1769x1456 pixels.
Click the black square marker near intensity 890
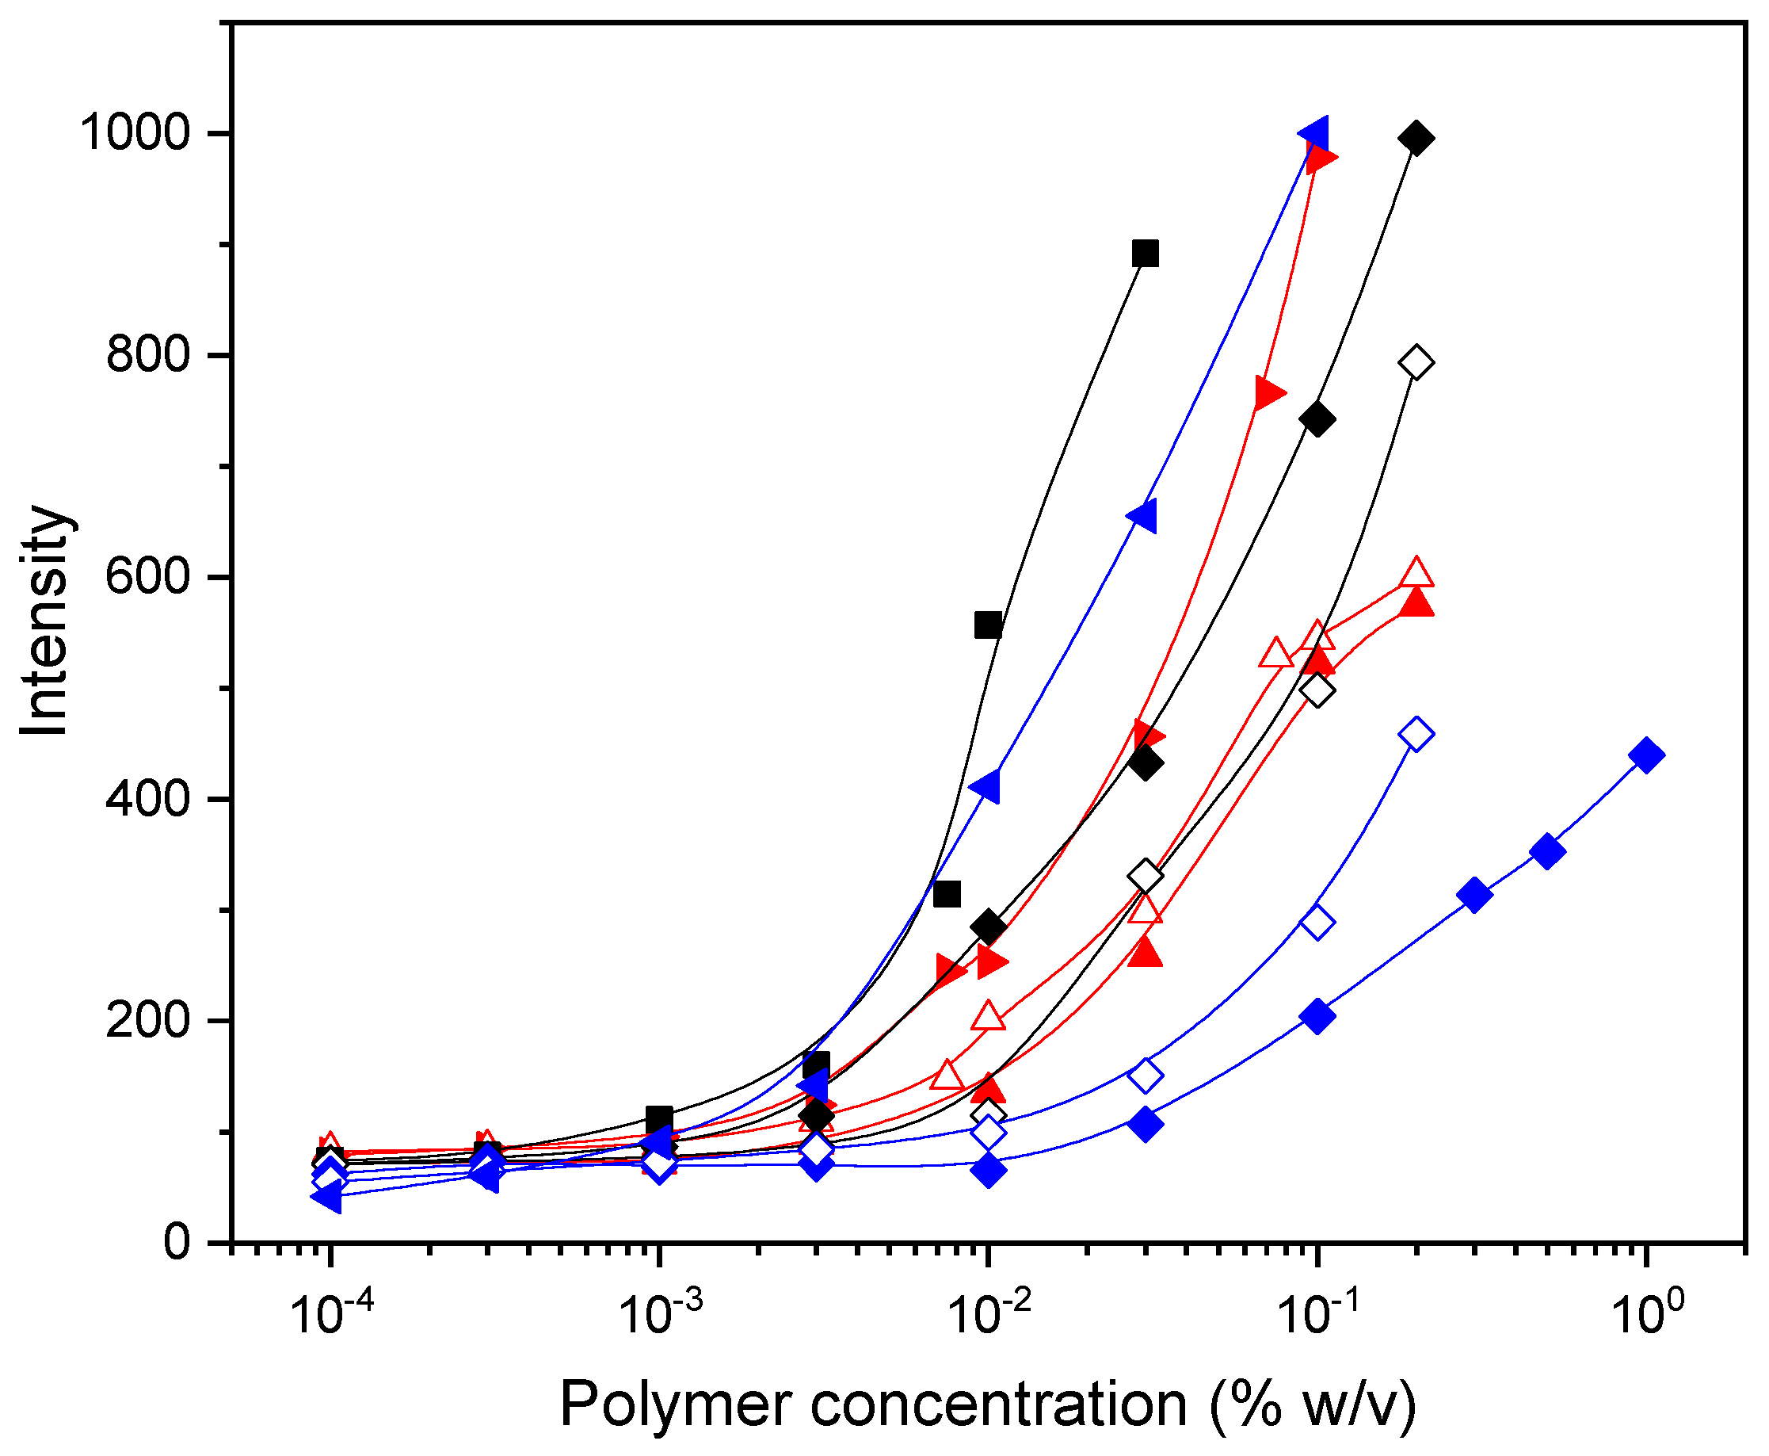tap(1146, 254)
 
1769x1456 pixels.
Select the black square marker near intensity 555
tap(989, 625)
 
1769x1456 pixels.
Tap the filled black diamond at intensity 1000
tap(1417, 139)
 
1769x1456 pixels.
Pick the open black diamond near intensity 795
tap(1417, 362)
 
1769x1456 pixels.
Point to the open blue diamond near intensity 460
tap(1417, 735)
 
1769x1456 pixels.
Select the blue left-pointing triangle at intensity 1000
tap(1314, 134)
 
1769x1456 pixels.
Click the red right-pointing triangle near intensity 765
tap(1270, 392)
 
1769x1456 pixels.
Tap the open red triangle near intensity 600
tap(1417, 572)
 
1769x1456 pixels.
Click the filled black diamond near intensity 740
tap(1317, 420)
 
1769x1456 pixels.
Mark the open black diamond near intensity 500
tap(1317, 691)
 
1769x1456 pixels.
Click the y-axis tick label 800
tap(147, 355)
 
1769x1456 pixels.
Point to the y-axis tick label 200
tap(147, 1020)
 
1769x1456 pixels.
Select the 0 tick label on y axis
tap(177, 1242)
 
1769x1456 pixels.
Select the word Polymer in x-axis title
tap(676, 1404)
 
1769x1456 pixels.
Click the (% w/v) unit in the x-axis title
tap(1313, 1404)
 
